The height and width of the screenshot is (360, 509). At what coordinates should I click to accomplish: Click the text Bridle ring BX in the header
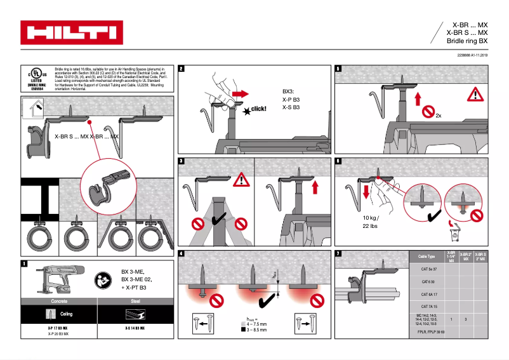(x=467, y=41)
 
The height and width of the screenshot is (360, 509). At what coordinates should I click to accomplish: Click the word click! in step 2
(x=258, y=109)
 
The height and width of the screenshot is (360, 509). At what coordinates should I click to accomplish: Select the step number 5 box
(x=338, y=69)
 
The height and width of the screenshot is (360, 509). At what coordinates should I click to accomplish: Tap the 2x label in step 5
(x=439, y=116)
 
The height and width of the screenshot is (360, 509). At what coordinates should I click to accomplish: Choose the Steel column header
(x=136, y=301)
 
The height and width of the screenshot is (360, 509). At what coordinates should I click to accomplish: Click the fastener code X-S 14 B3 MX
(x=135, y=328)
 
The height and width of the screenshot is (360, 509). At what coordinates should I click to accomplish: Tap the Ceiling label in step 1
(x=66, y=314)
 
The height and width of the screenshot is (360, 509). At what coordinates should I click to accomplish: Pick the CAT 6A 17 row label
(x=430, y=294)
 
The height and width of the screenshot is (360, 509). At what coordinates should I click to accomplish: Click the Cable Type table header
(x=426, y=257)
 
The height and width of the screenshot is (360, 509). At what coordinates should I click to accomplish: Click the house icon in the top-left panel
(x=32, y=109)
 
